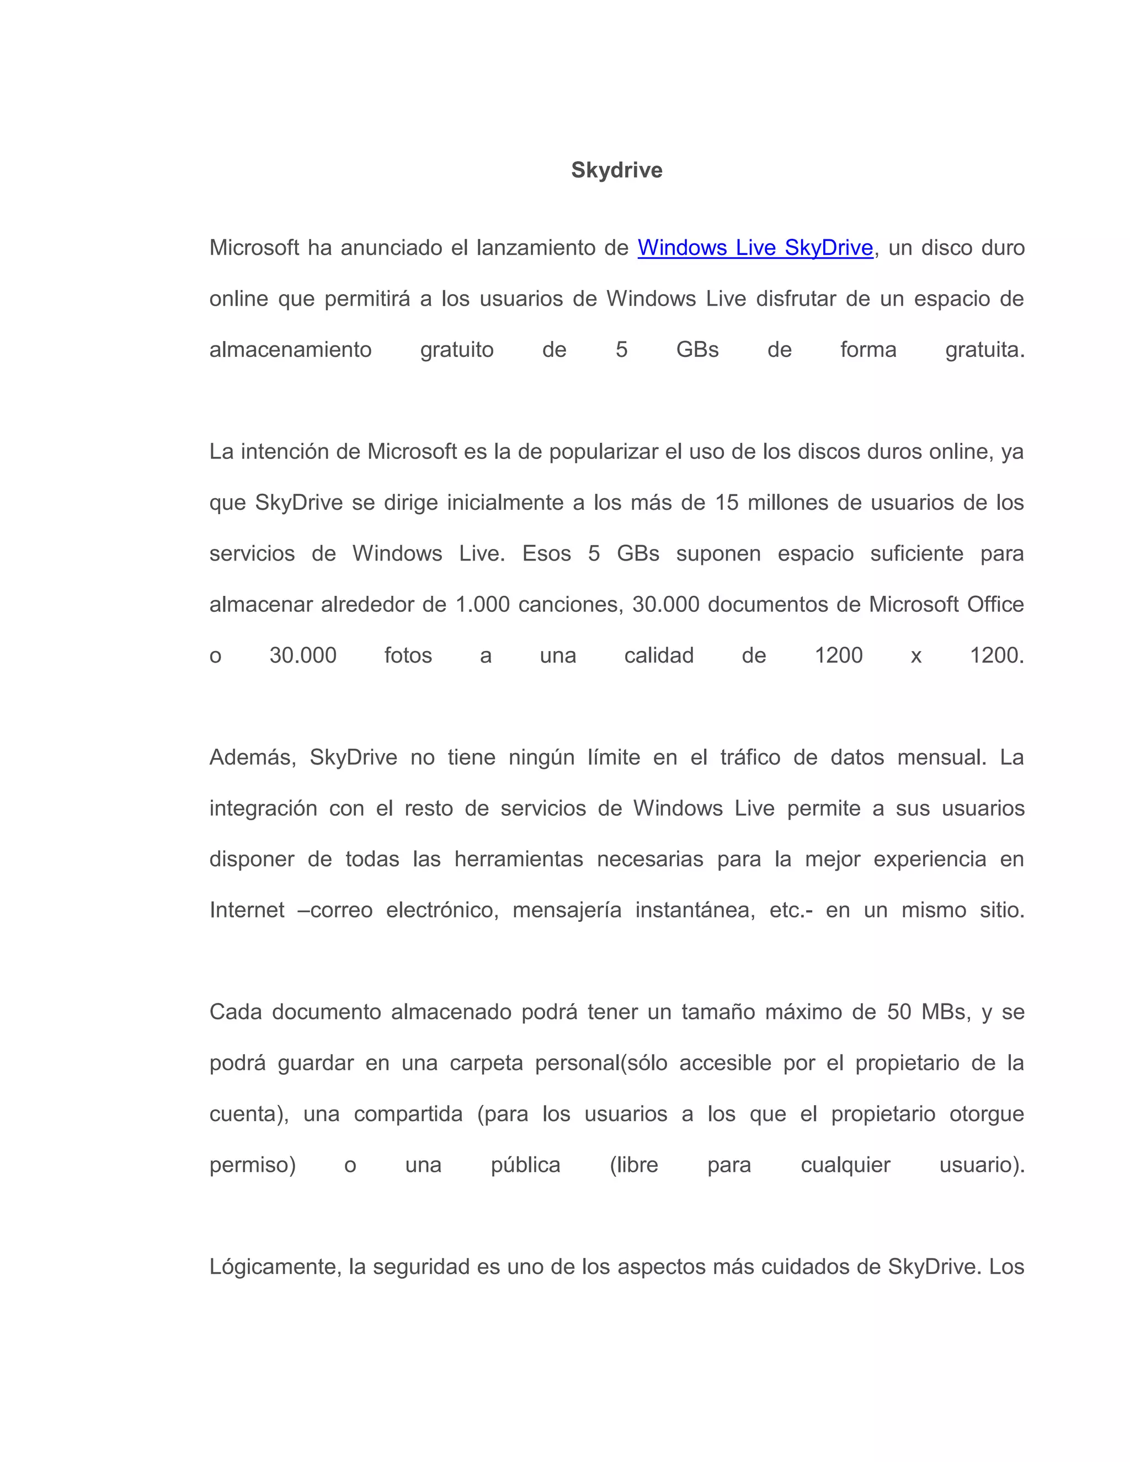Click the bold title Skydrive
coord(616,170)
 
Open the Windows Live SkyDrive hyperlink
coord(755,248)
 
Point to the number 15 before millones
coord(726,503)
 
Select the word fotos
coord(408,655)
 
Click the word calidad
coord(659,655)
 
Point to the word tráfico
coord(750,757)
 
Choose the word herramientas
coord(519,859)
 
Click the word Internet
coord(247,910)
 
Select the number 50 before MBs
coord(899,1012)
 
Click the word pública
coord(525,1165)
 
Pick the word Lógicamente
coord(276,1267)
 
